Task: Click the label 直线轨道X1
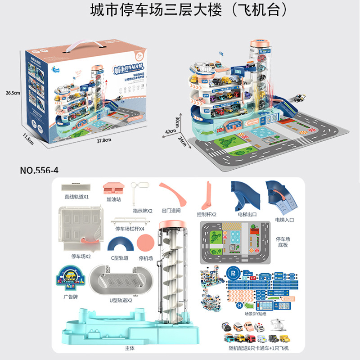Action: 76,197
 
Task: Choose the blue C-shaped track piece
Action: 119,245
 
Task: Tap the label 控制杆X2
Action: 207,214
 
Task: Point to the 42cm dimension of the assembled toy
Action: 171,132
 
